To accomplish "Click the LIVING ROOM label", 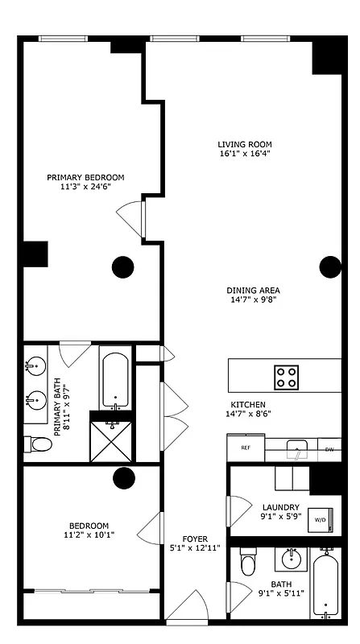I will pos(242,145).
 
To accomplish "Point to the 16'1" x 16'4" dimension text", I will pos(242,154).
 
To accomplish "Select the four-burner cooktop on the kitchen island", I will pos(286,376).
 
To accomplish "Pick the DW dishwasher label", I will pos(329,449).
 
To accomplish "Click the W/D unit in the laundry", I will pos(320,521).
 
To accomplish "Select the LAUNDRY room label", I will pos(280,507).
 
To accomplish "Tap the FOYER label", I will pos(196,539).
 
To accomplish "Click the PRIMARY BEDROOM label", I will pos(85,177).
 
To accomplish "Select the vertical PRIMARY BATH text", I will pos(61,408).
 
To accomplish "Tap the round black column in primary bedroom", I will pos(122,266).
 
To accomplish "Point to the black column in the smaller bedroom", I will pos(123,478).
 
